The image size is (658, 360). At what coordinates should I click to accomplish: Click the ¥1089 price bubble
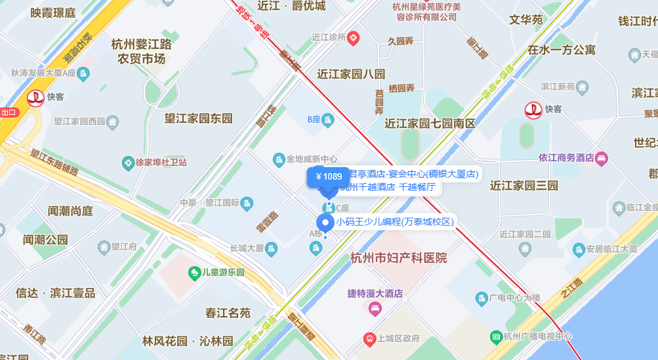(x=328, y=176)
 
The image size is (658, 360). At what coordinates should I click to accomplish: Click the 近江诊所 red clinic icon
(x=353, y=37)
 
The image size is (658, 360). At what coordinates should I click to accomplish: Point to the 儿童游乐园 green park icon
(x=194, y=272)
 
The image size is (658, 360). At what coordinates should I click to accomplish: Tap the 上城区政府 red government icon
(x=369, y=338)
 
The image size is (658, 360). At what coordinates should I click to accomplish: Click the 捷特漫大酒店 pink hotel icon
(x=375, y=308)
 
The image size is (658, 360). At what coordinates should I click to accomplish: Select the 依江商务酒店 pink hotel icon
(x=602, y=158)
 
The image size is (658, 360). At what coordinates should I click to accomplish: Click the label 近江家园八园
(x=351, y=73)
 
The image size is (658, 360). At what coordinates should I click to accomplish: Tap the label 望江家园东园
(x=199, y=118)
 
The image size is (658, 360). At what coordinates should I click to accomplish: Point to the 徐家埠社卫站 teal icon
(x=129, y=162)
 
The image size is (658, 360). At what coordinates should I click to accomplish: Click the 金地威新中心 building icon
(x=279, y=159)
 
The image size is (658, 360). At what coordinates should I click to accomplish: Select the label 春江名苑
(x=228, y=313)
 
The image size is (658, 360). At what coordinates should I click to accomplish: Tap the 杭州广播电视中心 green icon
(x=497, y=337)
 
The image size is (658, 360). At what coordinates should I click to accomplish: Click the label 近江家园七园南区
(x=430, y=123)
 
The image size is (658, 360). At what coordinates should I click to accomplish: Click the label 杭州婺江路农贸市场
(x=141, y=52)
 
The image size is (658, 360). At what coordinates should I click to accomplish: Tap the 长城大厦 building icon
(x=271, y=248)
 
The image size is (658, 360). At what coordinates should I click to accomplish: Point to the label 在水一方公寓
(x=562, y=49)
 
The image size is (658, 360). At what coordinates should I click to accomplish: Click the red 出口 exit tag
(x=9, y=112)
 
